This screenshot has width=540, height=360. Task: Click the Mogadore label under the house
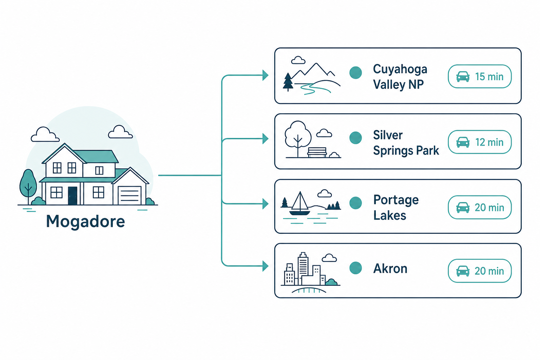click(x=85, y=221)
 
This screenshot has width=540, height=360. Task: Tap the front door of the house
click(x=72, y=195)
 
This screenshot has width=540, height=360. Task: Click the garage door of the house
click(x=130, y=195)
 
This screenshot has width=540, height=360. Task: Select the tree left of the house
click(x=28, y=186)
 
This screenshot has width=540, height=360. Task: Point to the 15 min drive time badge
click(x=480, y=76)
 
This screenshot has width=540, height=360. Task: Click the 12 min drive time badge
click(x=480, y=142)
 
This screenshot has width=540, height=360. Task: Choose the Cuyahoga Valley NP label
click(x=400, y=77)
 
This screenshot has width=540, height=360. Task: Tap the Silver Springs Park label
click(x=406, y=143)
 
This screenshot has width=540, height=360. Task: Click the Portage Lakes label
click(x=396, y=207)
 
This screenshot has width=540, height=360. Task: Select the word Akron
click(x=390, y=268)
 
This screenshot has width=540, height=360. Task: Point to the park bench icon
click(x=317, y=152)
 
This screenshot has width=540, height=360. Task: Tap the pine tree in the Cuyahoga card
click(x=288, y=82)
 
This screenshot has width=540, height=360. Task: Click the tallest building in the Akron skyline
click(x=303, y=268)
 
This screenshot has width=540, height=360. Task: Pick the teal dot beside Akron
click(x=355, y=268)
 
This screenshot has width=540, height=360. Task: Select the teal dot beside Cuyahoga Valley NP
click(x=355, y=72)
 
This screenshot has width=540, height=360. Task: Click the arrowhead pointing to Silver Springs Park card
click(x=265, y=139)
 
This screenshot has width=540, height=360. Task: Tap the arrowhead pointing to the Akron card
click(x=265, y=266)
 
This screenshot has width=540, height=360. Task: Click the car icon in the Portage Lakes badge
click(x=463, y=207)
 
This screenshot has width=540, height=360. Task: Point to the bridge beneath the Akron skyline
click(x=309, y=290)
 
